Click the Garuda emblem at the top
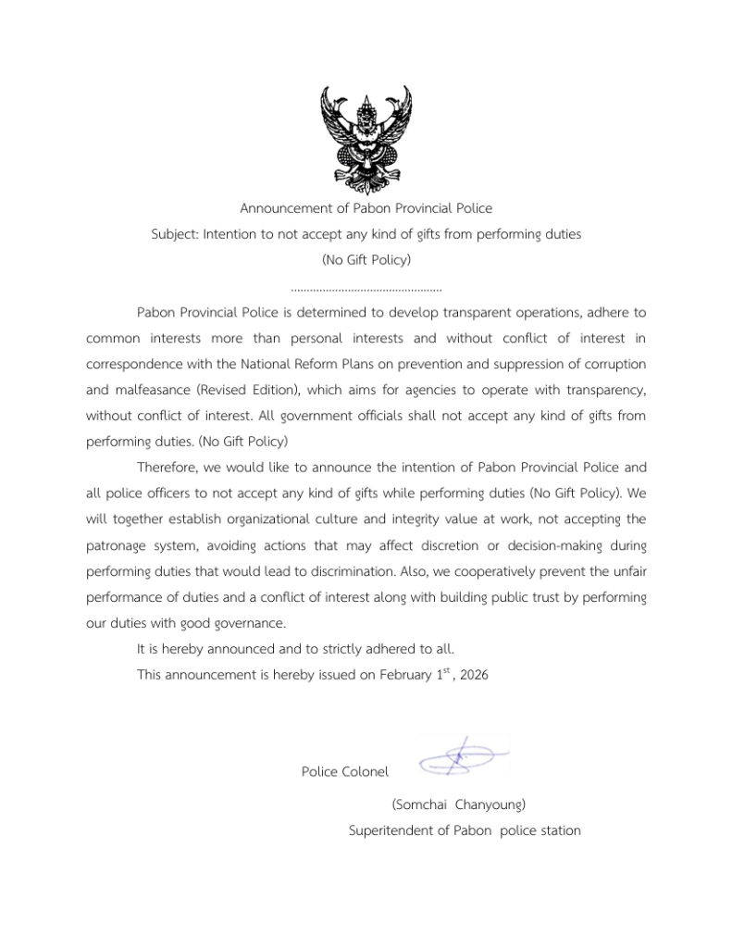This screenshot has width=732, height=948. [x=366, y=134]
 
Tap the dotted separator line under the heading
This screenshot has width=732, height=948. [x=366, y=289]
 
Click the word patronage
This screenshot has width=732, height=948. [x=120, y=543]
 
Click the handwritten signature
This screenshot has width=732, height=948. [x=462, y=757]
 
